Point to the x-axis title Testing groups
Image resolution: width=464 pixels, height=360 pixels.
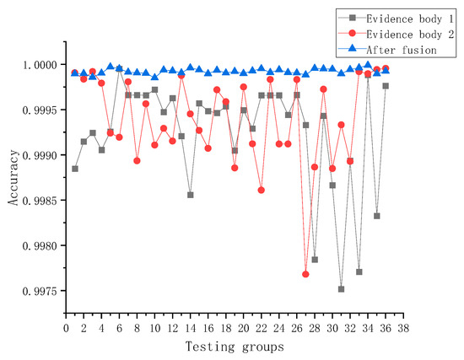click(235, 347)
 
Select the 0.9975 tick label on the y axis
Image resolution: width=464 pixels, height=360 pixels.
click(40, 291)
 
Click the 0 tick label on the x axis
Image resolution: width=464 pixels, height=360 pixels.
click(66, 328)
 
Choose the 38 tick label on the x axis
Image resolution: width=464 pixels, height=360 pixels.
click(403, 328)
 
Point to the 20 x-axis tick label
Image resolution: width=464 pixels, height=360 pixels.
click(244, 328)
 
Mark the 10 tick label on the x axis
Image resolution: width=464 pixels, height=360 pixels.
click(154, 328)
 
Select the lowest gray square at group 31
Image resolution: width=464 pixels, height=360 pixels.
click(341, 289)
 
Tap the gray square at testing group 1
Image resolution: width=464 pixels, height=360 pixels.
click(75, 169)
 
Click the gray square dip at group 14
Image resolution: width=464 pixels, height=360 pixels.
click(191, 195)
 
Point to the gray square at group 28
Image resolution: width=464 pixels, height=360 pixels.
click(315, 260)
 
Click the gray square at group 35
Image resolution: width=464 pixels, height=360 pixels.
click(376, 216)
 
